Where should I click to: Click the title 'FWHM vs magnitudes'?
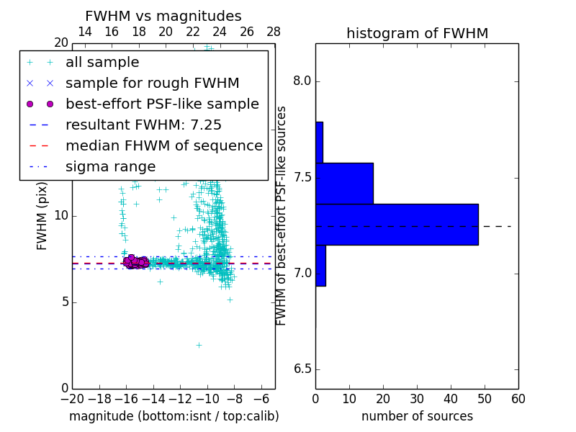point(163,16)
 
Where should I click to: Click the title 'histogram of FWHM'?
point(417,33)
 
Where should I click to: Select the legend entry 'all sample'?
point(102,63)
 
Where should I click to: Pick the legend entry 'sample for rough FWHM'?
point(152,84)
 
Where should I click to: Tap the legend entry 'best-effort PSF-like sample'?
point(162,104)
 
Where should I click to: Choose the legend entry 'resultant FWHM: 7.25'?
point(143,125)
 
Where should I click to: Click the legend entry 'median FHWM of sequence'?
point(163,146)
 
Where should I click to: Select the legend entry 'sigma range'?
point(110,167)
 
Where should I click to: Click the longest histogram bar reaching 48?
point(397,225)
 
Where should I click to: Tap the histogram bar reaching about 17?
point(344,184)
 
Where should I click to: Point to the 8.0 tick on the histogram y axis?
point(302,81)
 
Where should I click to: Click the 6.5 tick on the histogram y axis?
point(302,369)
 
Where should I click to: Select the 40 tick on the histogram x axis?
point(451,398)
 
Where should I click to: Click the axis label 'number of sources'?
point(417,416)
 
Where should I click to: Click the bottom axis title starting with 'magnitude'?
point(174,416)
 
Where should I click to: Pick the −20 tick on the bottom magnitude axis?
point(72,398)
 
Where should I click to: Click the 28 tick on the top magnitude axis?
point(274,32)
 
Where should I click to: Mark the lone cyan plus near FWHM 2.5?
point(199,345)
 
